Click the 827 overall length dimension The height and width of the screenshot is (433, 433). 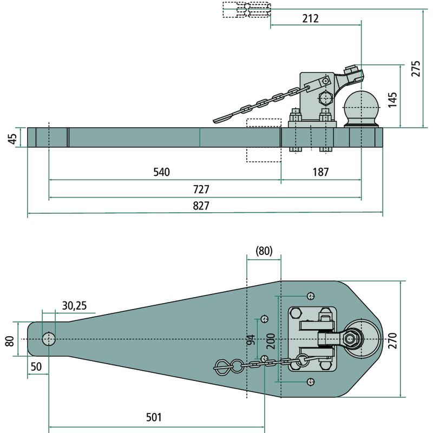(x=200, y=206)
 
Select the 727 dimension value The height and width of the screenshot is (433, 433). (x=200, y=190)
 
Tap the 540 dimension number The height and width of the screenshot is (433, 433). (x=161, y=173)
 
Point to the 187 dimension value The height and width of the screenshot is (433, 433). (x=320, y=173)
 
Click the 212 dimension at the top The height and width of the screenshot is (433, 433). (x=310, y=18)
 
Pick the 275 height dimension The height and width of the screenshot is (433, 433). (x=415, y=69)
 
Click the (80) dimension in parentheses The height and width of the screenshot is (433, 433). (x=264, y=251)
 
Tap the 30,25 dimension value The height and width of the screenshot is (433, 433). (x=74, y=306)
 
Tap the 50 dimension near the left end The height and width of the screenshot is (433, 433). (x=36, y=366)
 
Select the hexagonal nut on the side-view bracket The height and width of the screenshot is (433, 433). (x=325, y=100)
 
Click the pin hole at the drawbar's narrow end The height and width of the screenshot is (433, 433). (x=49, y=339)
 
